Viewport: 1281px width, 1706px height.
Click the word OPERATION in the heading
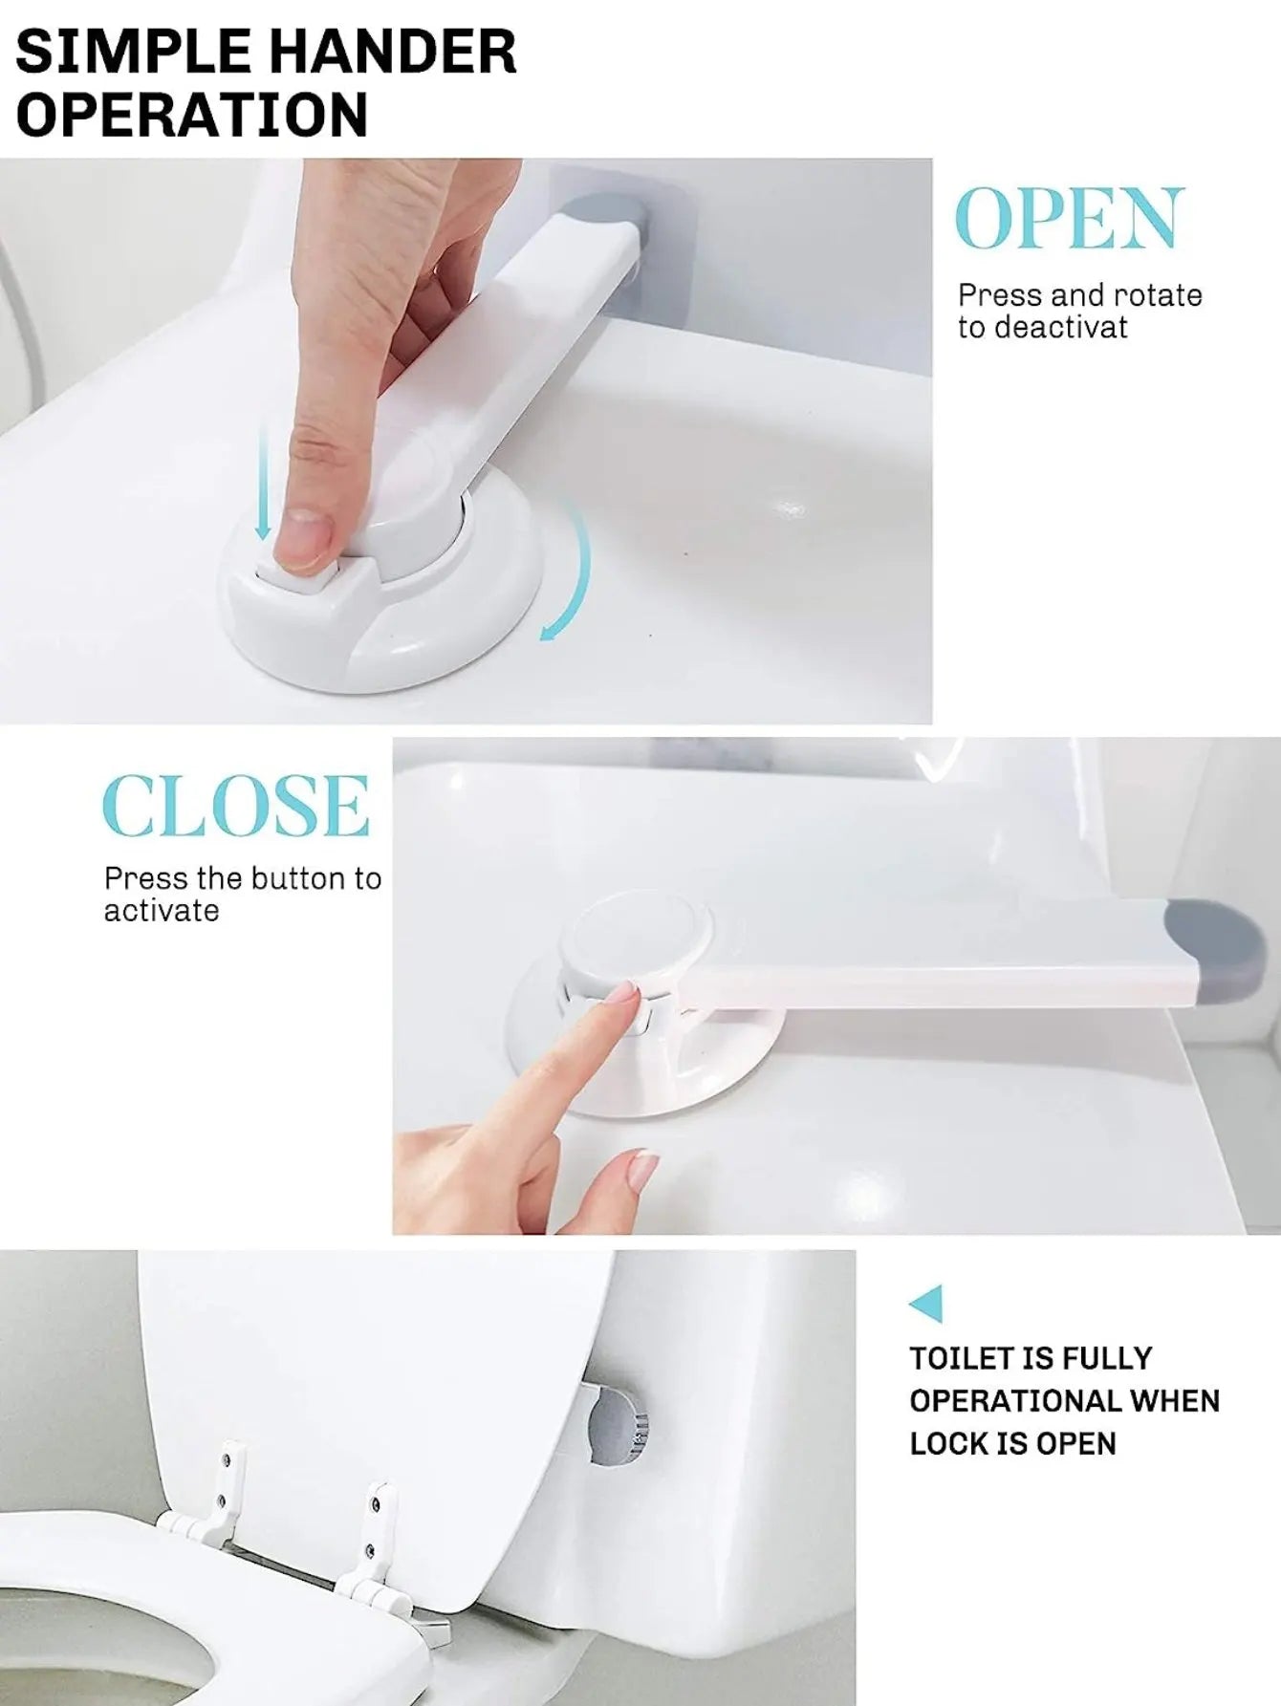(x=191, y=114)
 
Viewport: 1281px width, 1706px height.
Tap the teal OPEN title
(x=1070, y=219)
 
